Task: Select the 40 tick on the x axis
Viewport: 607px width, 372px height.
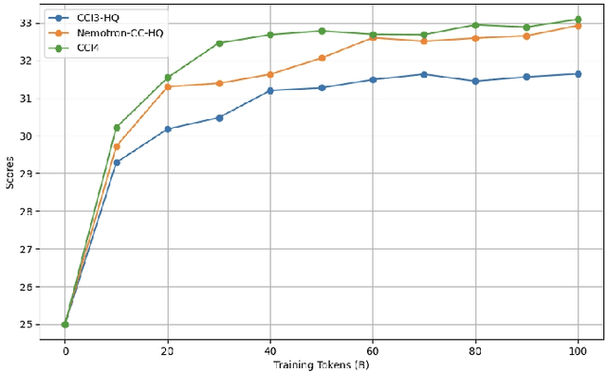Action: (x=270, y=351)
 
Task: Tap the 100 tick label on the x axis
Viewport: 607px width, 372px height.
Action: (x=577, y=351)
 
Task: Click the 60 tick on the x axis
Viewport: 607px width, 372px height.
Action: (x=373, y=351)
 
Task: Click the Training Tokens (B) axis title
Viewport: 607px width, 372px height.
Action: (x=321, y=364)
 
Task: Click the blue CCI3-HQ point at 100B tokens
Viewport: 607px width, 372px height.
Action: (x=578, y=73)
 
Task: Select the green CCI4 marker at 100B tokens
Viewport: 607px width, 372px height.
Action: (x=578, y=19)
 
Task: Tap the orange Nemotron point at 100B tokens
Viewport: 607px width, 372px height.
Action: (x=578, y=26)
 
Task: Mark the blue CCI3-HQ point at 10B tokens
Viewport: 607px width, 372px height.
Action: (x=117, y=162)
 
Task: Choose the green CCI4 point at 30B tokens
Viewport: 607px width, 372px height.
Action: (x=219, y=43)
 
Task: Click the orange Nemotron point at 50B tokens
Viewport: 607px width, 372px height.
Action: (x=322, y=58)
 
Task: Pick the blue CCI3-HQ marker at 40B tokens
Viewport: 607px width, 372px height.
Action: (x=270, y=90)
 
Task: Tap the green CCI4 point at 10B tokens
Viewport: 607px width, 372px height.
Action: (x=117, y=127)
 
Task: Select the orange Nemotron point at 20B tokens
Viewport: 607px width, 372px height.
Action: (x=168, y=86)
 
